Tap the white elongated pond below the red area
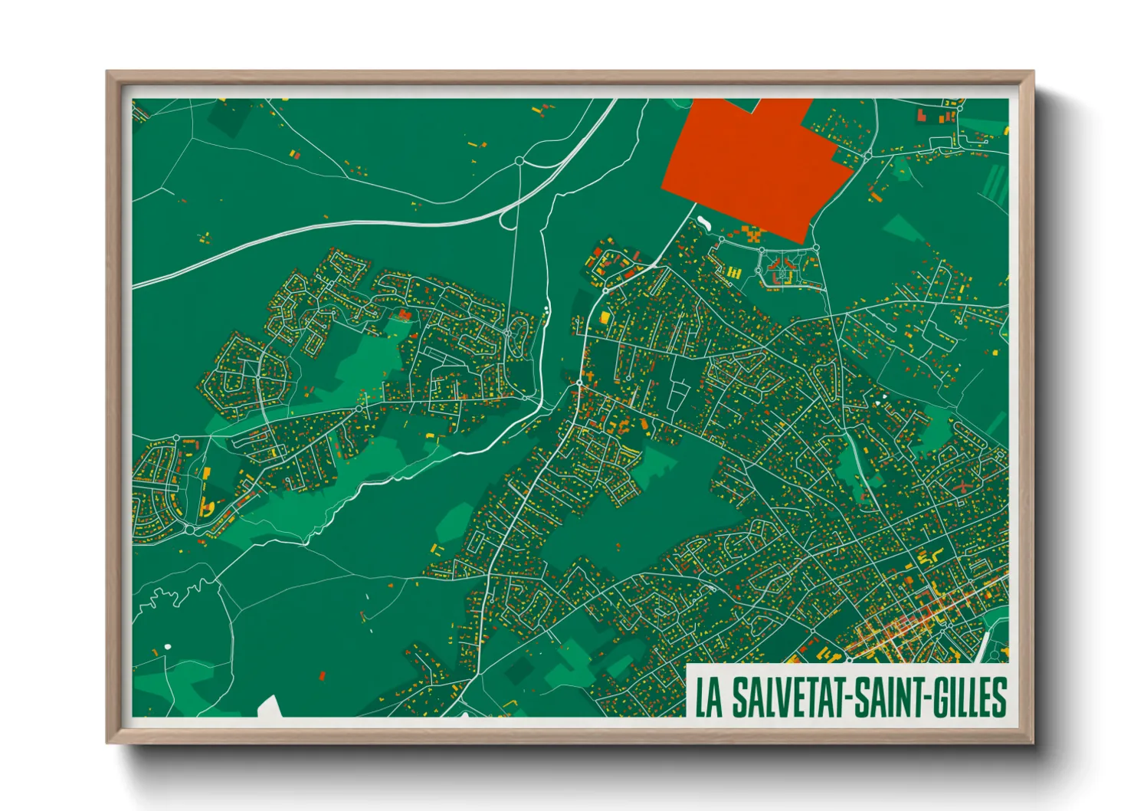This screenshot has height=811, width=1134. [703, 223]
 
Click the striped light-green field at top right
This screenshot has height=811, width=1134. [996, 184]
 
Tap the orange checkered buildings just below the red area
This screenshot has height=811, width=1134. [751, 234]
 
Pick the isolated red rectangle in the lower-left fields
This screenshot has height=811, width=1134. [322, 675]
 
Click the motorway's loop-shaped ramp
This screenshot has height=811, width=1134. [506, 218]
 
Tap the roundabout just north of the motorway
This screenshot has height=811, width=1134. [519, 161]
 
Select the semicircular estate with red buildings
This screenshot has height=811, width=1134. [782, 268]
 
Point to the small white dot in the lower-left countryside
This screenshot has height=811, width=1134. [168, 648]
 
